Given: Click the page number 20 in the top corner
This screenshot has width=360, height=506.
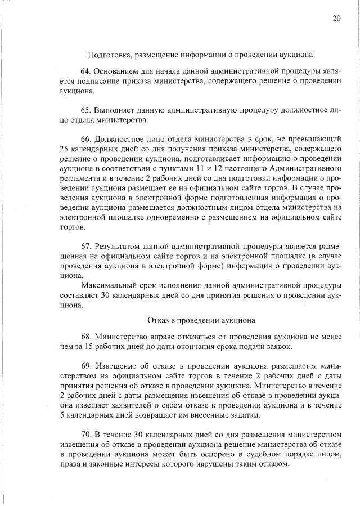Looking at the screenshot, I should point(336,19).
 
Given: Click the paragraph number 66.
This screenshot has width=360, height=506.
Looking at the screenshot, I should point(86,137).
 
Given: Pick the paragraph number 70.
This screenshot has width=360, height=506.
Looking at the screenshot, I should point(86,434).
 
